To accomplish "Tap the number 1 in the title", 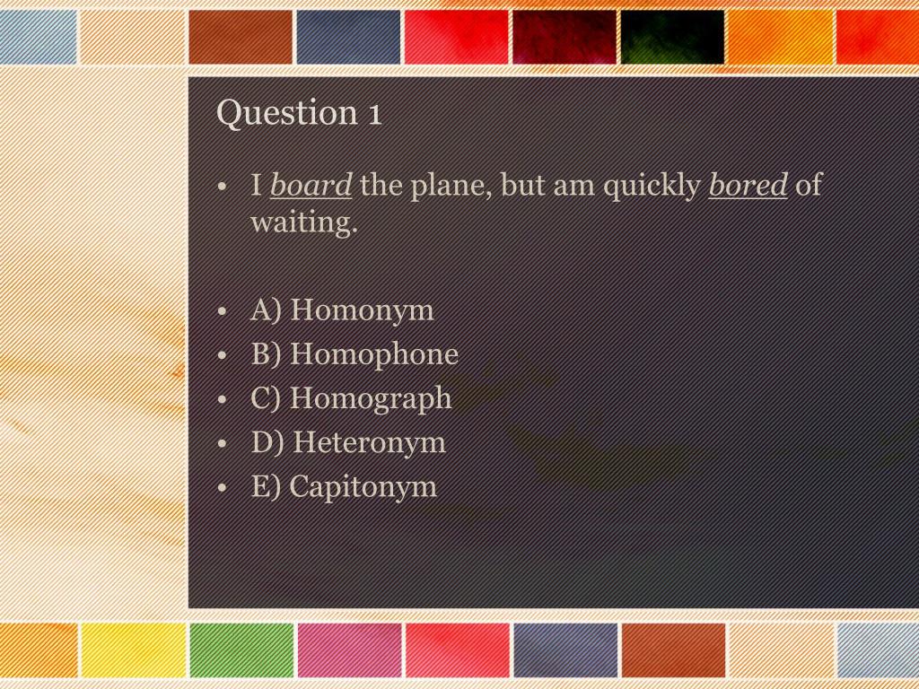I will click(373, 114).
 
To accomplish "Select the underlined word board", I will click(311, 187).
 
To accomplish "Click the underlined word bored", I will click(748, 187).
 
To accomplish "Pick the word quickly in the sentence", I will click(652, 187).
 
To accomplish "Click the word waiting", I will click(303, 222).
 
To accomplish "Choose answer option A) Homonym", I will click(342, 310).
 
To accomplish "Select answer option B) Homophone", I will click(354, 354).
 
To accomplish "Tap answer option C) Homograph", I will click(351, 398).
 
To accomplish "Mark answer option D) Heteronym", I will click(348, 442).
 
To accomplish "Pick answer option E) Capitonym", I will click(344, 486).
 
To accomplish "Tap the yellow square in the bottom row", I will click(133, 650).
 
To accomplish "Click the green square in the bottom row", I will click(241, 650).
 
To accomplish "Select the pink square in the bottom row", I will click(349, 650).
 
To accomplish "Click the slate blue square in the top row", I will click(349, 37).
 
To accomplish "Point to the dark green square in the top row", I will click(672, 37).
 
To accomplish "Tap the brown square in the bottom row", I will click(673, 650).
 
